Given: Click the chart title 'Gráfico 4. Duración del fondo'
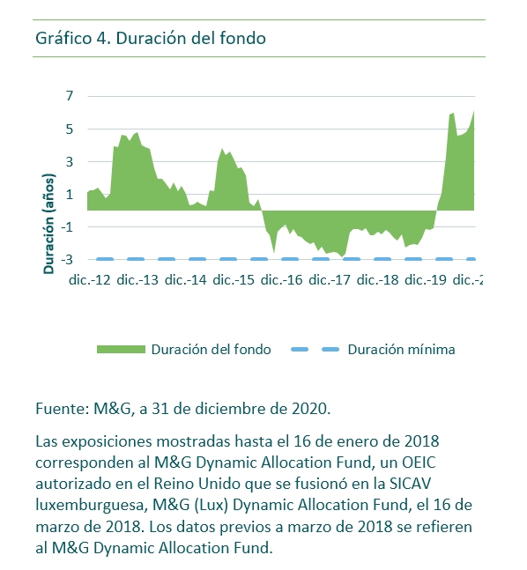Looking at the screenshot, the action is pyautogui.click(x=151, y=38).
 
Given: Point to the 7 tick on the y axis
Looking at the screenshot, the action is pyautogui.click(x=70, y=96).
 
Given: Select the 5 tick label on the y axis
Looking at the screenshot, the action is pyautogui.click(x=70, y=129).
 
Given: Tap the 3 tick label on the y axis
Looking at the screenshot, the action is pyautogui.click(x=70, y=161).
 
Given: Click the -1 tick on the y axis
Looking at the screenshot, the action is pyautogui.click(x=68, y=226).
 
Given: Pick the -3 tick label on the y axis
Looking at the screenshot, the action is pyautogui.click(x=68, y=260).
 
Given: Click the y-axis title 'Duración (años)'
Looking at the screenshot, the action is pyautogui.click(x=48, y=224).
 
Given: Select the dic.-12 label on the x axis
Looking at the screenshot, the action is pyautogui.click(x=90, y=280).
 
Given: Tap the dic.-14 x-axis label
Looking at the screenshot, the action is pyautogui.click(x=185, y=280).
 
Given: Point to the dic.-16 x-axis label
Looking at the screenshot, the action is pyautogui.click(x=281, y=280).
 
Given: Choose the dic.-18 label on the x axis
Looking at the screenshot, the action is pyautogui.click(x=377, y=280).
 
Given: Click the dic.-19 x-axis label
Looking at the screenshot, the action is pyautogui.click(x=426, y=280).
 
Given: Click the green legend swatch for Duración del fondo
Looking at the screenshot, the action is pyautogui.click(x=121, y=350).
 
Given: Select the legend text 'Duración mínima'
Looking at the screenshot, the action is pyautogui.click(x=402, y=350).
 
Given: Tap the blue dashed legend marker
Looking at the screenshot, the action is pyautogui.click(x=315, y=350).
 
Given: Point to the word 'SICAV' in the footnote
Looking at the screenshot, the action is pyautogui.click(x=410, y=484).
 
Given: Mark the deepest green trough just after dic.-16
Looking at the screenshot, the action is pyautogui.click(x=274, y=252).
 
